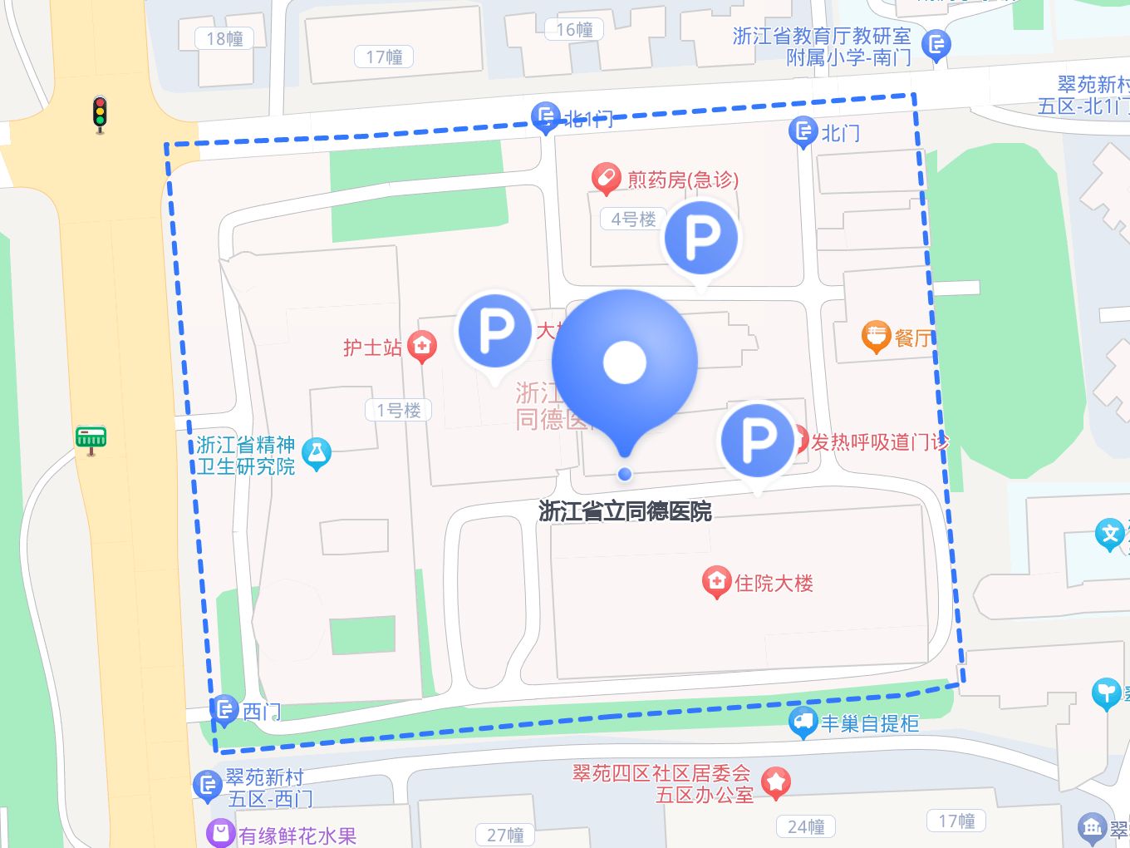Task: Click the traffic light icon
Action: click(100, 114)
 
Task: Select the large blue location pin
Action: click(625, 362)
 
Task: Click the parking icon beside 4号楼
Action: click(701, 239)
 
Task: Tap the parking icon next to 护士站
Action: click(495, 330)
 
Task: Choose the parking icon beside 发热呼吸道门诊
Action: click(757, 440)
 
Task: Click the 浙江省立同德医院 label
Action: click(625, 511)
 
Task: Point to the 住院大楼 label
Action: click(774, 583)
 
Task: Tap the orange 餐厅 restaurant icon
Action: click(876, 337)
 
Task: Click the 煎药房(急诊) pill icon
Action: click(607, 178)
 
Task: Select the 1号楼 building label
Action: click(399, 410)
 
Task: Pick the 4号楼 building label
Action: click(633, 219)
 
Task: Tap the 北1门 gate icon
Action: click(545, 117)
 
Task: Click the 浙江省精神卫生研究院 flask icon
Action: click(317, 453)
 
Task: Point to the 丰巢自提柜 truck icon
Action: click(803, 722)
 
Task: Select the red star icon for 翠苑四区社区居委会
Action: click(776, 782)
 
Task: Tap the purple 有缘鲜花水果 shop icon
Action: click(220, 834)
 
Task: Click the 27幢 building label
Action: click(505, 834)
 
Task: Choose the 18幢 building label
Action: click(224, 38)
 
